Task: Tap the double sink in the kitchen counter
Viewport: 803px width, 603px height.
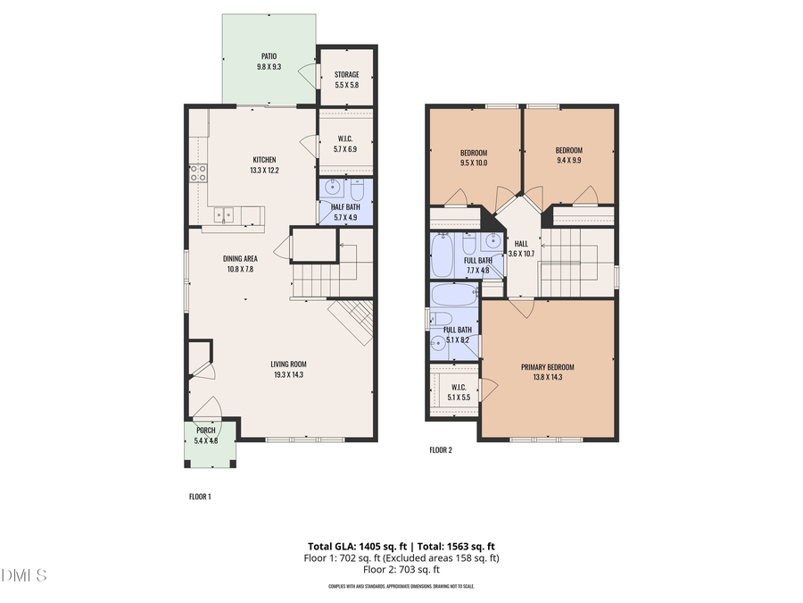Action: click(223, 214)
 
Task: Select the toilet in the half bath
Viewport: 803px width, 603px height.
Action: click(356, 191)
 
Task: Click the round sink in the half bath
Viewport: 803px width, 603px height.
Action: click(333, 188)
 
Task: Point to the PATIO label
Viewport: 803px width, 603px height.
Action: click(269, 55)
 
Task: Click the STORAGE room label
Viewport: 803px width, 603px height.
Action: click(346, 74)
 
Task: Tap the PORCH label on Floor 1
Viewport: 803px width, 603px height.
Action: click(206, 430)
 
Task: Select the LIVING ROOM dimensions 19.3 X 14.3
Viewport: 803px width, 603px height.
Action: click(289, 375)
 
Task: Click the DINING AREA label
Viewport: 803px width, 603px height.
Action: click(240, 258)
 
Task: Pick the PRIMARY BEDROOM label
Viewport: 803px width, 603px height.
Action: click(548, 367)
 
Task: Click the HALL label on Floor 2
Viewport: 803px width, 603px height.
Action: click(521, 243)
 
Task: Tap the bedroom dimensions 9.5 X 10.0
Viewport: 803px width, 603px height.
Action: click(473, 163)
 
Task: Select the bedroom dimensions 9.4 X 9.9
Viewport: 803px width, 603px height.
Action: click(568, 162)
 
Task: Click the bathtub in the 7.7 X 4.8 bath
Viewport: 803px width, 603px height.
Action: click(442, 256)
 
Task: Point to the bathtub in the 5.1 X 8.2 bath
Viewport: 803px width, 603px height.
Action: click(454, 294)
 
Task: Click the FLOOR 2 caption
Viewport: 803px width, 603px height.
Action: click(441, 450)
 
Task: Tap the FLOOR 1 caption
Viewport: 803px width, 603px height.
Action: click(200, 496)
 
